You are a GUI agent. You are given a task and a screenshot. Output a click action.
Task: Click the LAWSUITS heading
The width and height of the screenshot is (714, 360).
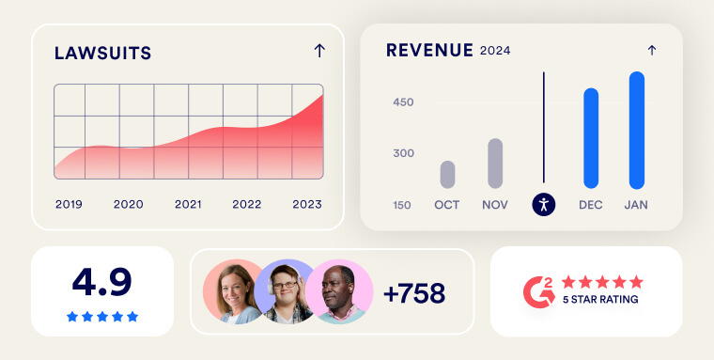[103, 53]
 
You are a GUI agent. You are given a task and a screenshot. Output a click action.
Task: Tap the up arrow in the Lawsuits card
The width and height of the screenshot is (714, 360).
[319, 51]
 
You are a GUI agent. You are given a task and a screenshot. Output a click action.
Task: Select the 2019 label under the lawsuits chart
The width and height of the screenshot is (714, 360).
[69, 204]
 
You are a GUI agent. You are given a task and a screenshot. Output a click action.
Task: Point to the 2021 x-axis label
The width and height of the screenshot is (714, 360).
[188, 204]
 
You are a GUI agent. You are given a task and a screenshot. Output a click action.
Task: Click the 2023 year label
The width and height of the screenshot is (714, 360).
[307, 204]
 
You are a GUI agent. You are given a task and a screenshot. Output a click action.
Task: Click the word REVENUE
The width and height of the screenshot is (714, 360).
[430, 50]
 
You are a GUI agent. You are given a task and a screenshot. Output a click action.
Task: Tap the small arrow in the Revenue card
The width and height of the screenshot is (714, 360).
[652, 50]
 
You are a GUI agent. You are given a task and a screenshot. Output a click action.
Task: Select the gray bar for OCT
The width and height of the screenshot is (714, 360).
[447, 175]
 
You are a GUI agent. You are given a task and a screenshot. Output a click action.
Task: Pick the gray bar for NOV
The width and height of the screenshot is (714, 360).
[495, 164]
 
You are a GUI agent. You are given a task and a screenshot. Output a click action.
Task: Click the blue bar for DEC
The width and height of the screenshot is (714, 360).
[591, 138]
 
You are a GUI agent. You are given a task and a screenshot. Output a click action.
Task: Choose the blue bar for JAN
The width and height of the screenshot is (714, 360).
[637, 131]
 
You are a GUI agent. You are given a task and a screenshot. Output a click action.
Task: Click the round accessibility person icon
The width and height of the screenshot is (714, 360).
[544, 204]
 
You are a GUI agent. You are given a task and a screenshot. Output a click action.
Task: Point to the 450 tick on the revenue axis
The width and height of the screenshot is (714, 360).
[403, 102]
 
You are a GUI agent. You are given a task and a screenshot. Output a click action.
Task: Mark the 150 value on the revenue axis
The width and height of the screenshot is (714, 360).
[402, 206]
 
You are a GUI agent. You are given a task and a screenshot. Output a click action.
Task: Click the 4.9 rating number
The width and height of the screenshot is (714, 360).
[102, 282]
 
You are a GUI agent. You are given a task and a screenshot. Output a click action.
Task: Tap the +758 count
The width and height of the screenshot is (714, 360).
[414, 293]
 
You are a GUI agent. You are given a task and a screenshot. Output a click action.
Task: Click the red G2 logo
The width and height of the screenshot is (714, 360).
[539, 292]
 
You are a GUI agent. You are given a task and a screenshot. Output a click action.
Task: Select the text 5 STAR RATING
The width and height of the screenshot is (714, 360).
[600, 300]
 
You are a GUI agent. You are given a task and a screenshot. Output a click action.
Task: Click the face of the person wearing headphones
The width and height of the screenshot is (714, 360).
[285, 288]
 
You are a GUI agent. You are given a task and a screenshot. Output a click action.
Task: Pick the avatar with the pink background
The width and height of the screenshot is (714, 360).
[339, 291]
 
